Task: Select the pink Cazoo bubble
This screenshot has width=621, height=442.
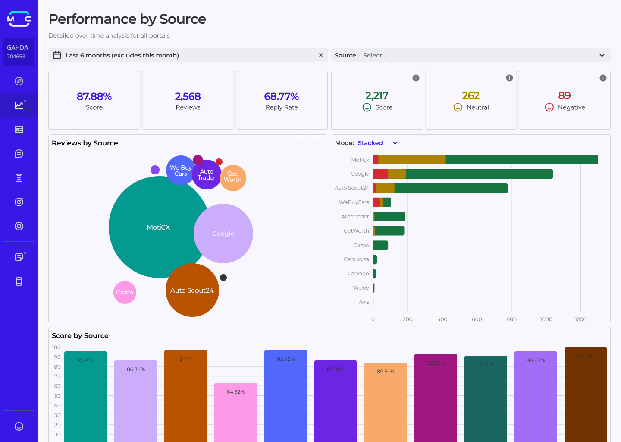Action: pyautogui.click(x=125, y=293)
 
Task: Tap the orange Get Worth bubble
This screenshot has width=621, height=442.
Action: pyautogui.click(x=233, y=177)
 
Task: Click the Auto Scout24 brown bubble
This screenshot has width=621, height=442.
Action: pyautogui.click(x=192, y=290)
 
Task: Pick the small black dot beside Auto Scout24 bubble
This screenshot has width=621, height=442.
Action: pyautogui.click(x=223, y=278)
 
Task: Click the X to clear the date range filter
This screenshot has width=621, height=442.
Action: pyautogui.click(x=320, y=55)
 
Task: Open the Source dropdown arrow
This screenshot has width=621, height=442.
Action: pyautogui.click(x=602, y=55)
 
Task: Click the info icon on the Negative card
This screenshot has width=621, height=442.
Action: pyautogui.click(x=603, y=78)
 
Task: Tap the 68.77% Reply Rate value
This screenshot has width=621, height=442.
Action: pyautogui.click(x=282, y=96)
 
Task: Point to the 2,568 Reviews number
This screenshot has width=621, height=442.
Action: pyautogui.click(x=188, y=96)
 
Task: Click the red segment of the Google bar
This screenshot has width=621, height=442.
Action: pyautogui.click(x=380, y=174)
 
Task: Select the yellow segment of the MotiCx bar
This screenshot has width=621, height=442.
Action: pyautogui.click(x=412, y=160)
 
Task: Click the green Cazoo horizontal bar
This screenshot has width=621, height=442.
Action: pyautogui.click(x=380, y=245)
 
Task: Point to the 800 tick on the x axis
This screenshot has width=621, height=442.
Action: pyautogui.click(x=511, y=319)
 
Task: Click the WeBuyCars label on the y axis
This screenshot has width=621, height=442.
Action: pyautogui.click(x=354, y=202)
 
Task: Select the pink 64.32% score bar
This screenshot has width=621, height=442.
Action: pyautogui.click(x=235, y=412)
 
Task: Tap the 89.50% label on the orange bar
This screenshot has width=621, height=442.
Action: pyautogui.click(x=386, y=372)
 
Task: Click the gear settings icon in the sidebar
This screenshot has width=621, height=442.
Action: pyautogui.click(x=19, y=226)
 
